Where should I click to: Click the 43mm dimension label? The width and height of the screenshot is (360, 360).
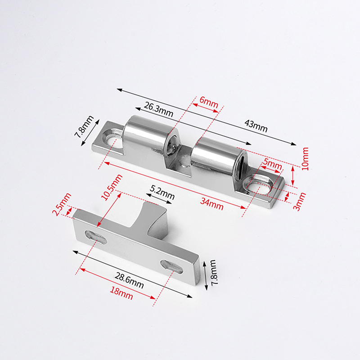tap(256, 126)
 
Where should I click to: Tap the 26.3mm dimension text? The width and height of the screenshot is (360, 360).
tap(158, 109)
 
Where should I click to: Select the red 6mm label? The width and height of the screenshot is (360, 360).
tap(209, 102)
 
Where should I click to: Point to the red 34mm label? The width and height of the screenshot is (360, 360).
tap(211, 204)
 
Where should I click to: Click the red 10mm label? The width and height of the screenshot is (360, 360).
tap(305, 159)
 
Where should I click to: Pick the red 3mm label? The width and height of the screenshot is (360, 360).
tap(300, 202)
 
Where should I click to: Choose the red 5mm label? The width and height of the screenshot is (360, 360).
tap(273, 164)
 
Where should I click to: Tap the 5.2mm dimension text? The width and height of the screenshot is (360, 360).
tap(162, 192)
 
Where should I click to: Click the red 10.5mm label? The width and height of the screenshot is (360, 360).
tap(112, 187)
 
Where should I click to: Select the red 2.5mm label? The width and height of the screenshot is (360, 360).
tap(62, 204)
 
